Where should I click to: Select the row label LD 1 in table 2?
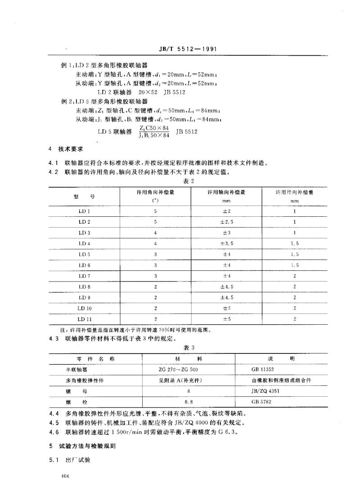pyautogui.click(x=84, y=211)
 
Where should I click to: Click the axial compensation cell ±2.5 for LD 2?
pyautogui.click(x=226, y=222)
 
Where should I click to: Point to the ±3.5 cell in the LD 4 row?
pyautogui.click(x=226, y=243)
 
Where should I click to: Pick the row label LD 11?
pyautogui.click(x=84, y=319)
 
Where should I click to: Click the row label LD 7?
pyautogui.click(x=84, y=276)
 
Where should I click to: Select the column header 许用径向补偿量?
pyautogui.click(x=295, y=192)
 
